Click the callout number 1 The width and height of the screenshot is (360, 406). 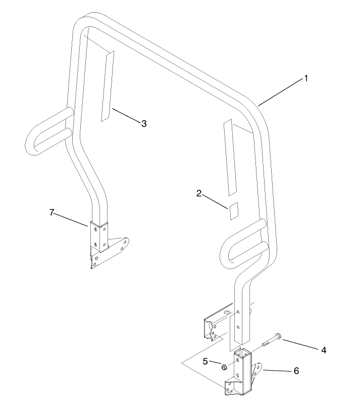306,78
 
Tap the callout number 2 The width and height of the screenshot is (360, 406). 199,193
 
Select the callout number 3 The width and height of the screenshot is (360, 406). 144,124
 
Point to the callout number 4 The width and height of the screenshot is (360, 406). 324,350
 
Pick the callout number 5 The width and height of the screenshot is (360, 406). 205,361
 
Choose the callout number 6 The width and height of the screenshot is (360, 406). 296,371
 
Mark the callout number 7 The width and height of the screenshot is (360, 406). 52,212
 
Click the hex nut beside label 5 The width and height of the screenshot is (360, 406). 224,367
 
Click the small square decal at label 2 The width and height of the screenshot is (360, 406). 234,211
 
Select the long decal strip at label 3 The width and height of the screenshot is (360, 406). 108,86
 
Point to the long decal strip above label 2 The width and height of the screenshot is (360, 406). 230,157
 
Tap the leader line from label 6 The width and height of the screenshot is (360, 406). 278,371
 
